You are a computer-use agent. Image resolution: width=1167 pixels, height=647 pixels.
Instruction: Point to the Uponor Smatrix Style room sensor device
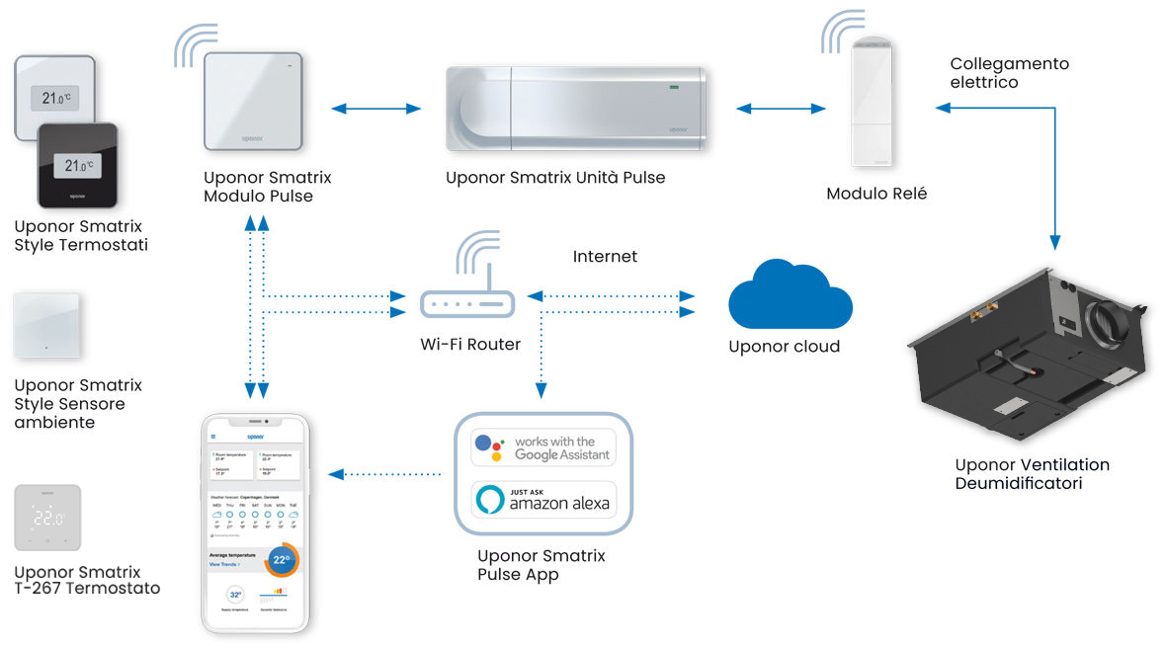pyautogui.click(x=46, y=325)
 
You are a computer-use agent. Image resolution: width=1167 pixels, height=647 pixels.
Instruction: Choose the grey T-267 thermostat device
pyautogui.click(x=46, y=517)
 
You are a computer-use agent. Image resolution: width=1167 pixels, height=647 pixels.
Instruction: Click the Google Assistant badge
pyautogui.click(x=543, y=447)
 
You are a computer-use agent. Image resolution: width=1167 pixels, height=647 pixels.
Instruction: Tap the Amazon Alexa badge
pyautogui.click(x=543, y=500)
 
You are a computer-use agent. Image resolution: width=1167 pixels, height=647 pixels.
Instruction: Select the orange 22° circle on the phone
pyautogui.click(x=281, y=560)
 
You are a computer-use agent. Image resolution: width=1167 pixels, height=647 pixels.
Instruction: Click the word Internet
pyautogui.click(x=605, y=257)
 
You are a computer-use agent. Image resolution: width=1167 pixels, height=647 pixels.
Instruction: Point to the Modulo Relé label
pyautogui.click(x=876, y=195)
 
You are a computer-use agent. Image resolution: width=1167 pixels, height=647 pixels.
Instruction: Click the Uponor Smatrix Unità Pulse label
pyautogui.click(x=555, y=178)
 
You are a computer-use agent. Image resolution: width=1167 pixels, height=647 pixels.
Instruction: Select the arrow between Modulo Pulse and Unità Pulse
pyautogui.click(x=376, y=109)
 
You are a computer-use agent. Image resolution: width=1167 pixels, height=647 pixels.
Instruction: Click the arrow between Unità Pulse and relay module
pyautogui.click(x=780, y=109)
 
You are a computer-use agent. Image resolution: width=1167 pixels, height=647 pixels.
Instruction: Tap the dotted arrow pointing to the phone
pyautogui.click(x=384, y=474)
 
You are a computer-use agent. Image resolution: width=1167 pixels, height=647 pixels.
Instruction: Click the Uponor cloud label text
pyautogui.click(x=784, y=347)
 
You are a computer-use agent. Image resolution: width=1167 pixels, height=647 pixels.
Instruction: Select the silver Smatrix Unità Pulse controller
pyautogui.click(x=576, y=109)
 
